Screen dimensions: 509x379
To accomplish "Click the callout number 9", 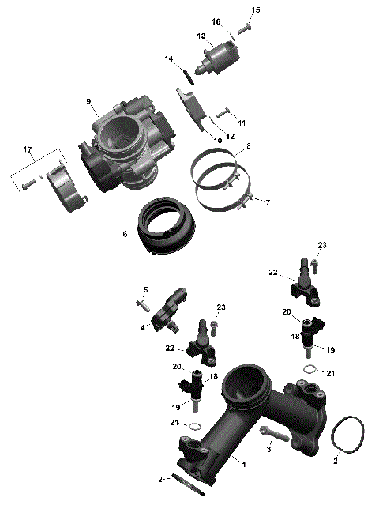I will tap(89, 101).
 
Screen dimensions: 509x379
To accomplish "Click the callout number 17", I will tap(28, 149).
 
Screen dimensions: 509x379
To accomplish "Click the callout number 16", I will tap(216, 21).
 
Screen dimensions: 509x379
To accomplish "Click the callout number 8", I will tap(249, 146).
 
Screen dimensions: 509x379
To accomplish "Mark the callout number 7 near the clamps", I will tap(268, 203).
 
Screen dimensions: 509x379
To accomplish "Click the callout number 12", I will tap(231, 136).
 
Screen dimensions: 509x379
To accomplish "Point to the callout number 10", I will tap(216, 141).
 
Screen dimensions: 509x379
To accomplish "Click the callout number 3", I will tap(268, 450).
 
